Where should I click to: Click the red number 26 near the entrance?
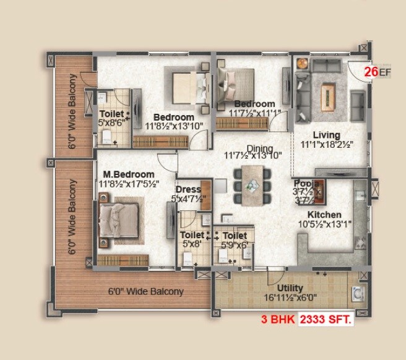(371, 72)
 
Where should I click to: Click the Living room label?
(326, 135)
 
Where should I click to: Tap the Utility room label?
(290, 288)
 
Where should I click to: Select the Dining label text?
(259, 148)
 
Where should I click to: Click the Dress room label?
(188, 189)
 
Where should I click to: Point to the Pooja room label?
(306, 184)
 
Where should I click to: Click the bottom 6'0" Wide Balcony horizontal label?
(146, 291)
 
